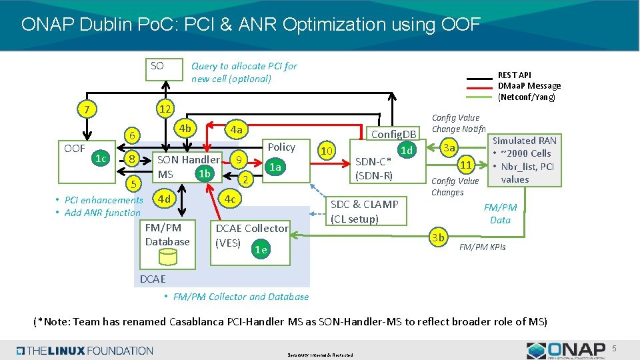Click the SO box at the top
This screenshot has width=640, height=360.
coord(164,69)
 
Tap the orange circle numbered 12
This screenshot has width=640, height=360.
coord(164,109)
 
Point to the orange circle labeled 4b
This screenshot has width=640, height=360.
coord(185,128)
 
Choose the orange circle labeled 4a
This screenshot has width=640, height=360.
coord(235,129)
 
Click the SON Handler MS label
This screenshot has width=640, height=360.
coord(187,167)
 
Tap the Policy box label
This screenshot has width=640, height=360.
coord(281,147)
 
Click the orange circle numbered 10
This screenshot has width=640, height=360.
coord(327,151)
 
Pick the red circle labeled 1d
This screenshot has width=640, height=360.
coord(406,151)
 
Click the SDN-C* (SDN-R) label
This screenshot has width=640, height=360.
coord(373,169)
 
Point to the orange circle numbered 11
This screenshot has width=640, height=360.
coord(467,164)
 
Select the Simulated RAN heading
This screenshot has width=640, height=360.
coord(523,141)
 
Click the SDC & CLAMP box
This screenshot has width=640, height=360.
coord(364,211)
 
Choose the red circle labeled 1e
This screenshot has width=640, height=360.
coord(261,249)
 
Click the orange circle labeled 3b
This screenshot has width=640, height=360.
coord(438,237)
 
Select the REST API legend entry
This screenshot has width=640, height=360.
coord(514,75)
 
